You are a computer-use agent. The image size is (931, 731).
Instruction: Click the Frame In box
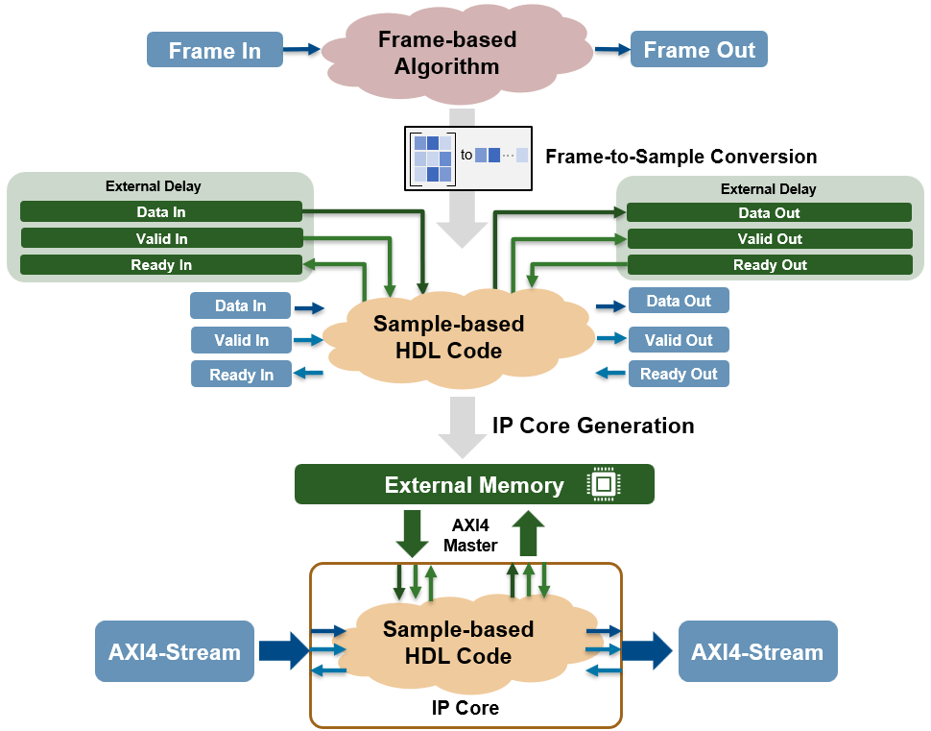click(x=215, y=50)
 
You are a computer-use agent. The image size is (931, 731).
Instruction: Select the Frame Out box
click(x=699, y=50)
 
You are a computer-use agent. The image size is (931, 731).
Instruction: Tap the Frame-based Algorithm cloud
click(x=446, y=54)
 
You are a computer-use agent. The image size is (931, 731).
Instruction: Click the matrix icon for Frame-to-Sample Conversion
click(x=432, y=156)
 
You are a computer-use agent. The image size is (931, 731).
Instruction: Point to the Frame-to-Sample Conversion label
click(x=680, y=157)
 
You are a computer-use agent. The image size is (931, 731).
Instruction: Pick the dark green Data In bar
click(x=161, y=211)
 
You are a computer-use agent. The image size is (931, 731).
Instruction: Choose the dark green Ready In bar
click(x=161, y=264)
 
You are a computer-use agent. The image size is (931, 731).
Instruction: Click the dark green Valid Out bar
click(x=769, y=238)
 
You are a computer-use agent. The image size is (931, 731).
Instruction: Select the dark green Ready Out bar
click(x=769, y=264)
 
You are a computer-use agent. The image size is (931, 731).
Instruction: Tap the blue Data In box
click(x=240, y=305)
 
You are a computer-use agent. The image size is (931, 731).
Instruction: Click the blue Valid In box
click(x=241, y=340)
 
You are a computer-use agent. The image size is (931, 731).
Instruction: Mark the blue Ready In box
click(x=241, y=375)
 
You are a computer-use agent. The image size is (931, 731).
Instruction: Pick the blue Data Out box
click(x=679, y=301)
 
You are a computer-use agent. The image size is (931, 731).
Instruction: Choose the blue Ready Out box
click(x=679, y=374)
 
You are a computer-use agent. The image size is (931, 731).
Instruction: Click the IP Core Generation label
click(x=592, y=425)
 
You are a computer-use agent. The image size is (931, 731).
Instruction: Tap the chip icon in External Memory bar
click(x=602, y=484)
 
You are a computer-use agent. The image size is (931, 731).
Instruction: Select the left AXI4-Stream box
click(x=175, y=652)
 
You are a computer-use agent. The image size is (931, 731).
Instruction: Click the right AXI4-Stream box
click(x=757, y=652)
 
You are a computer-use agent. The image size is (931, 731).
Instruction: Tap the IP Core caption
click(x=465, y=708)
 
